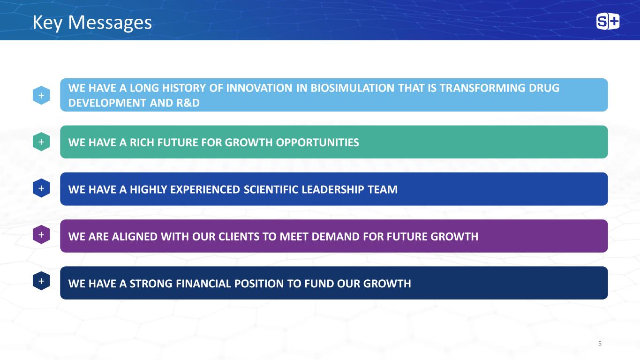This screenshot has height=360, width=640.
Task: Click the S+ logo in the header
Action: point(608,21)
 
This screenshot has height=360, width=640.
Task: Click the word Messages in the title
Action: point(110,23)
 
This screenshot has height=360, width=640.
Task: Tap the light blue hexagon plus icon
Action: point(41,95)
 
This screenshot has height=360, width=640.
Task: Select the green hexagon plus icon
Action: point(41,142)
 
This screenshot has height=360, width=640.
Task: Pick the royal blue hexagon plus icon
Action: point(41,188)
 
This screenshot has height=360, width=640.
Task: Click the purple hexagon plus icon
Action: point(41,234)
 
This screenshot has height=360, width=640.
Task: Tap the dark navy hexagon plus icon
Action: point(41,281)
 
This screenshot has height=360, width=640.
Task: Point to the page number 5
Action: point(600,344)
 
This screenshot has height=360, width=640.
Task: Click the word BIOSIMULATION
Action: point(352,88)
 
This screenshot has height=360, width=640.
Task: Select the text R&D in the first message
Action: point(188,103)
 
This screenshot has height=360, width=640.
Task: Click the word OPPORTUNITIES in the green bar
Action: point(317,142)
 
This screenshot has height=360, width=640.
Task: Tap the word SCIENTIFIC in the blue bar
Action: point(271,189)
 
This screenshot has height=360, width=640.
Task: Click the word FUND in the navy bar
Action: point(319,284)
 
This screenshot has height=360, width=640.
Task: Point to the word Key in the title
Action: point(47,23)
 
